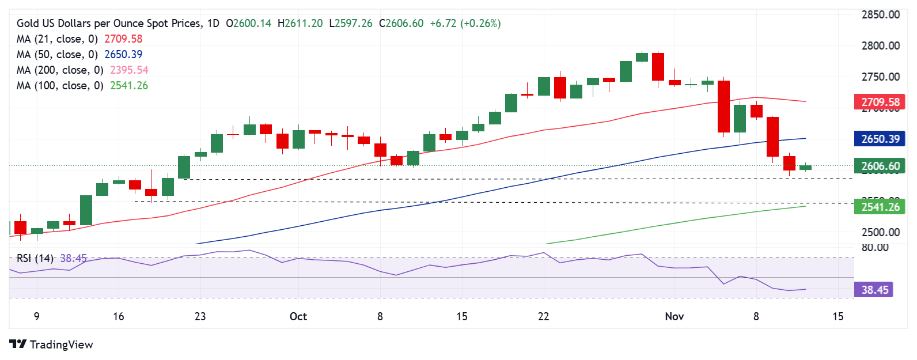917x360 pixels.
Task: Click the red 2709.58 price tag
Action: pos(880,103)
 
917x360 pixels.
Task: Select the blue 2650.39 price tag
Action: pos(880,139)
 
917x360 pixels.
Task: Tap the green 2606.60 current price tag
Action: pos(880,166)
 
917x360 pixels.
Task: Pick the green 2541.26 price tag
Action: pos(880,207)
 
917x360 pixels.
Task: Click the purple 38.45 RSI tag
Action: pos(874,290)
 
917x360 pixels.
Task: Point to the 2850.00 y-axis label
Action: pos(880,15)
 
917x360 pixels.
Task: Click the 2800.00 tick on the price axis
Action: pos(880,46)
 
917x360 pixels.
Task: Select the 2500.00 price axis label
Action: pos(880,233)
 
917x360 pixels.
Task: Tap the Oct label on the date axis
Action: pos(298,316)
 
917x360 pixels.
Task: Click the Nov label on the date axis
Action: pos(674,316)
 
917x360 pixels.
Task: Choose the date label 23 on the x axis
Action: pos(200,316)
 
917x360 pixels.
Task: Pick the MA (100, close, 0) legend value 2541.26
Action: pos(129,86)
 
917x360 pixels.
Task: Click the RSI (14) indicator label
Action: pos(35,259)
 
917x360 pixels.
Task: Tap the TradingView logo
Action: pos(51,344)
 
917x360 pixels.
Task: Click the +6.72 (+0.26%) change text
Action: pos(465,24)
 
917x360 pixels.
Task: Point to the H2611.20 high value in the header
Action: pos(300,24)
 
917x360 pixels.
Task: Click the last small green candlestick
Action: pos(805,168)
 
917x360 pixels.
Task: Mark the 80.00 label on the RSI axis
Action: pos(874,248)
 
